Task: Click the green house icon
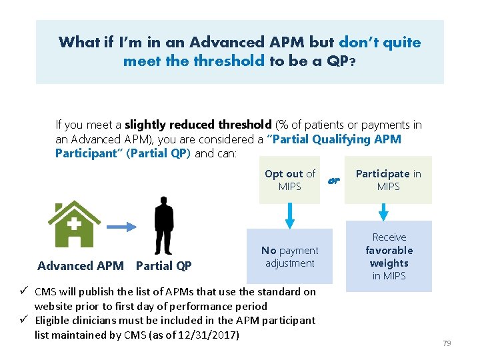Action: pos(74,225)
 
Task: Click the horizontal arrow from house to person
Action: pos(125,227)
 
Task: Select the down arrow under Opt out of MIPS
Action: pos(289,215)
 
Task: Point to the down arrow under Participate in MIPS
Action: pos(383,212)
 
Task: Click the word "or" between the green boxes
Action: pos(334,180)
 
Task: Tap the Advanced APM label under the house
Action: pos(81,266)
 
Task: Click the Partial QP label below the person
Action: pos(163,266)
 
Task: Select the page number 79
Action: pos(447,343)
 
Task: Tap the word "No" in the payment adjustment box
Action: pos(269,251)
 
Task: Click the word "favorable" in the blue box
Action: pos(389,251)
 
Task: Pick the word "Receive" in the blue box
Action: pos(389,237)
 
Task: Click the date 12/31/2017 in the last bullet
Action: pos(211,335)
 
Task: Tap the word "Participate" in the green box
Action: pos(382,174)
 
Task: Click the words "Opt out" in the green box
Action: pos(284,174)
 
